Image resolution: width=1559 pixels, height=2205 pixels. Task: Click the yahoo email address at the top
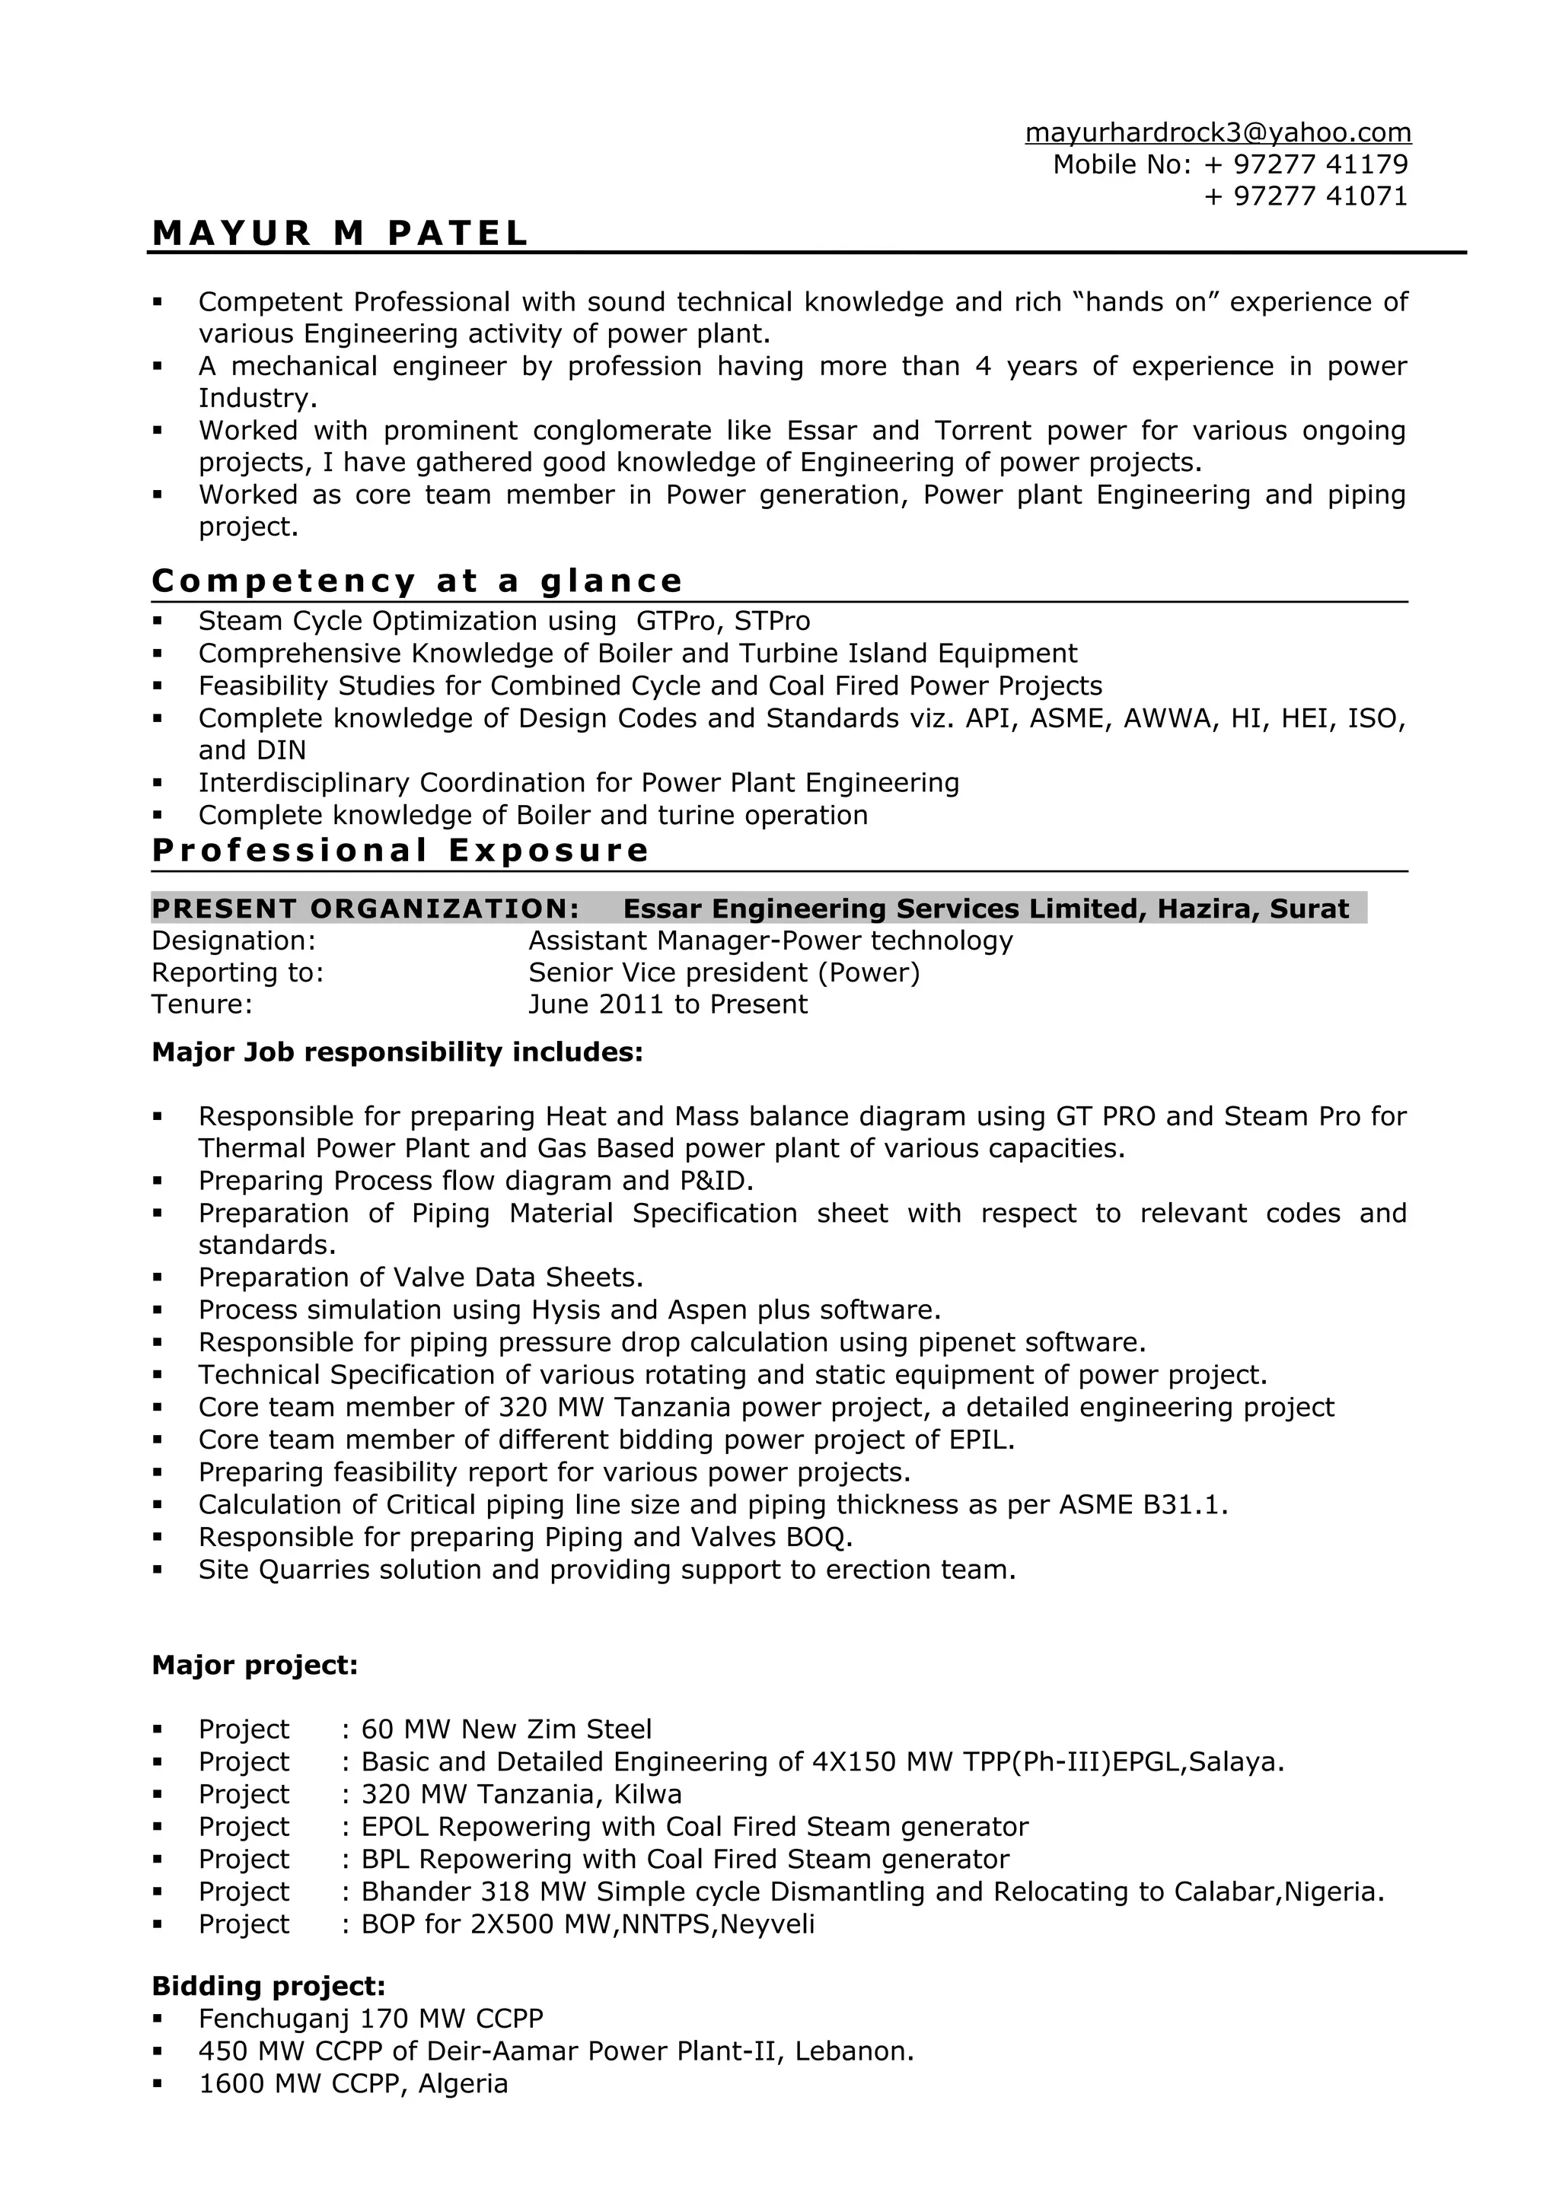1217,132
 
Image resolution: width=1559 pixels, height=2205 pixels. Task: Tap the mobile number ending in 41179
1305,164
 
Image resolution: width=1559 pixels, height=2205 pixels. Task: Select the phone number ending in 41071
1305,196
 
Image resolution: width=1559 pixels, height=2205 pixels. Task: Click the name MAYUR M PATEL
340,234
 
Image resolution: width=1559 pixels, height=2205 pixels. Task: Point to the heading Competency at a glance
417,581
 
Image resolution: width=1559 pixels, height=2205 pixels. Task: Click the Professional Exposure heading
400,850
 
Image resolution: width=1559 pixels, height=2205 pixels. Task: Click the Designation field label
234,940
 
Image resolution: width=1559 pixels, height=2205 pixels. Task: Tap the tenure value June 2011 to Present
668,1004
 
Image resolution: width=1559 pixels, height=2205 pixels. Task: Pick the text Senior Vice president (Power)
724,973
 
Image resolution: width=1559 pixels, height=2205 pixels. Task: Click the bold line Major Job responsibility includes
397,1052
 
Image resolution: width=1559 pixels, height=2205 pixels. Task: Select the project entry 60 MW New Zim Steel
506,1729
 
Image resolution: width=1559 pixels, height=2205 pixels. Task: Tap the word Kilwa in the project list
649,1794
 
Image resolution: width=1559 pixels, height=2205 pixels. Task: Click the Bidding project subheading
268,1986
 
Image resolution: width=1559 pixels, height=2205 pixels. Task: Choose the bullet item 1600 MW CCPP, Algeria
352,2083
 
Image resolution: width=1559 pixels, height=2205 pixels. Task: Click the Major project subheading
254,1666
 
